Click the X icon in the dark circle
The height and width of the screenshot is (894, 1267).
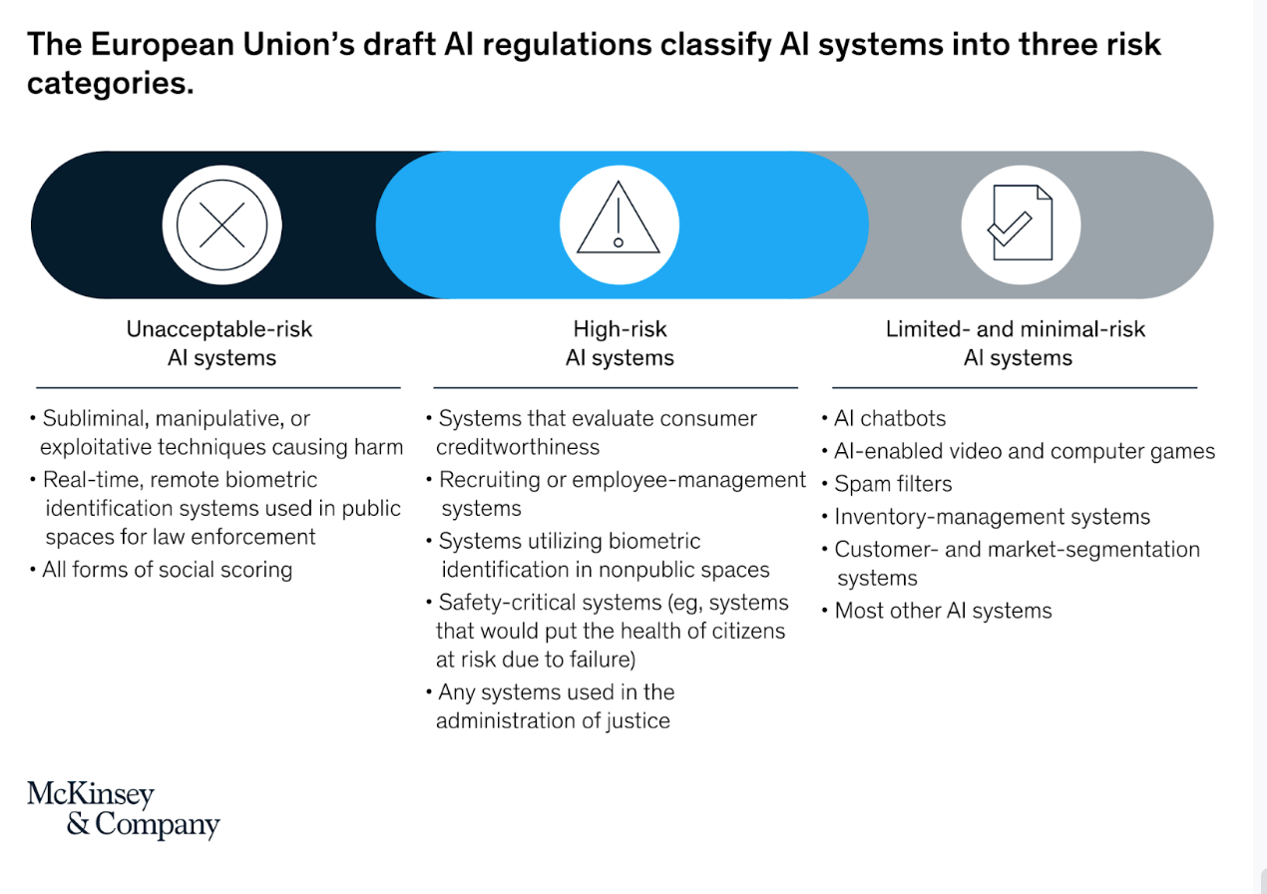click(221, 224)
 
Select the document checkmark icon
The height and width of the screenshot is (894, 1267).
click(1020, 223)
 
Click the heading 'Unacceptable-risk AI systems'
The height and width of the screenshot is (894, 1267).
click(220, 343)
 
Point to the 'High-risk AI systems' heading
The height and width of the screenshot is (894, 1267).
click(619, 343)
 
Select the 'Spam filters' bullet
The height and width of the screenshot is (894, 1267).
click(893, 484)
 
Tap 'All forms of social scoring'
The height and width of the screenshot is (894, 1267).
click(167, 571)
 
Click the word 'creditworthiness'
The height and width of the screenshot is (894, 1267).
click(518, 447)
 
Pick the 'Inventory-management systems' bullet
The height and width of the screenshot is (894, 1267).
click(992, 517)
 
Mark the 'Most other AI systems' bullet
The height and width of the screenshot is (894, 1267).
click(943, 611)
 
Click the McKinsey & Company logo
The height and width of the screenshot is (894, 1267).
click(123, 809)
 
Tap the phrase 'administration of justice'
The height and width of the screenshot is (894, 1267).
click(553, 720)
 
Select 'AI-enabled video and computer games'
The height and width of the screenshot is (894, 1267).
click(1025, 452)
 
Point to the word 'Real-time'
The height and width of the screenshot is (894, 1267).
click(89, 480)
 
